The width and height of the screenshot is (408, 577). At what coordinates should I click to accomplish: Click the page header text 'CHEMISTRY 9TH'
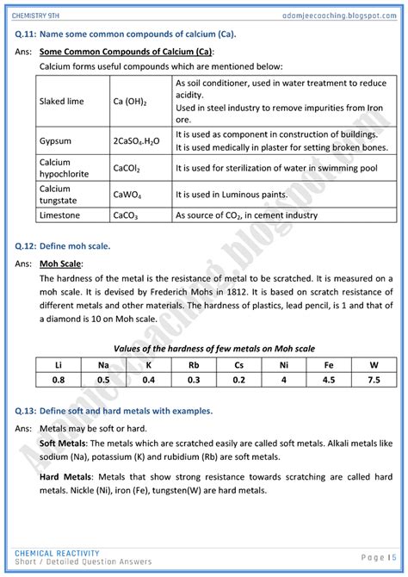tap(43, 9)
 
